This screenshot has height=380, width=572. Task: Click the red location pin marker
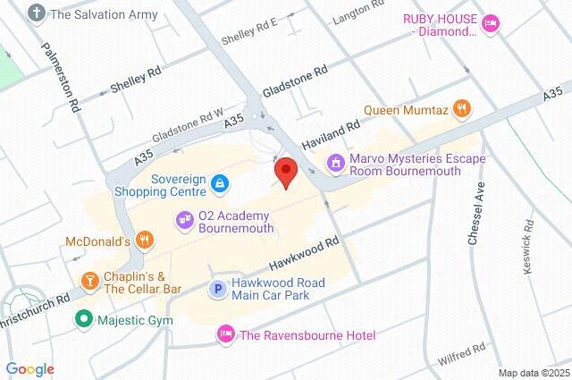pyautogui.click(x=286, y=171)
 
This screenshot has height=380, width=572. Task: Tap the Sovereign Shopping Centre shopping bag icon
pyautogui.click(x=219, y=184)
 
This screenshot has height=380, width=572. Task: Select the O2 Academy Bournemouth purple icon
pyautogui.click(x=185, y=219)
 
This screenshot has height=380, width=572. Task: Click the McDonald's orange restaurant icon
pyautogui.click(x=146, y=241)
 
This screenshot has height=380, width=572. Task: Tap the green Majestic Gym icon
pyautogui.click(x=83, y=317)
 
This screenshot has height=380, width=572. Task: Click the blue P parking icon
pyautogui.click(x=216, y=288)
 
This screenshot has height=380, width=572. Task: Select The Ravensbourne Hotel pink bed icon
pyautogui.click(x=225, y=334)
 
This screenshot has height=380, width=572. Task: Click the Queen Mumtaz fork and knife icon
pyautogui.click(x=461, y=110)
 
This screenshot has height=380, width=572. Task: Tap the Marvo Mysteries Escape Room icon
pyautogui.click(x=335, y=163)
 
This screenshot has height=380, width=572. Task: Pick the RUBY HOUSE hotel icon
pyautogui.click(x=489, y=24)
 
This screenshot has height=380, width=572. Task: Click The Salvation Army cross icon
pyautogui.click(x=37, y=13)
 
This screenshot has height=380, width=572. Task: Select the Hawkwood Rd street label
pyautogui.click(x=305, y=255)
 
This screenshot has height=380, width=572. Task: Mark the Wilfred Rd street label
pyautogui.click(x=461, y=354)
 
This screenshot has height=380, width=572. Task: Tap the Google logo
pyautogui.click(x=29, y=368)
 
